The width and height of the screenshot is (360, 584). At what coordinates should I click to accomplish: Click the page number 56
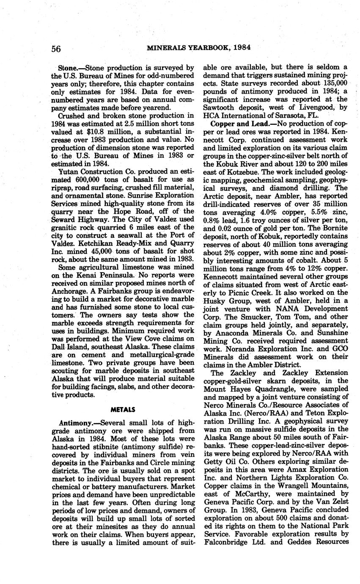point(56,49)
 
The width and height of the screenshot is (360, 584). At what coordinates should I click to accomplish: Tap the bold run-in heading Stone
point(70,68)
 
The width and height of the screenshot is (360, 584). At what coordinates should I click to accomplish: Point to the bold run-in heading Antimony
point(76,423)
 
